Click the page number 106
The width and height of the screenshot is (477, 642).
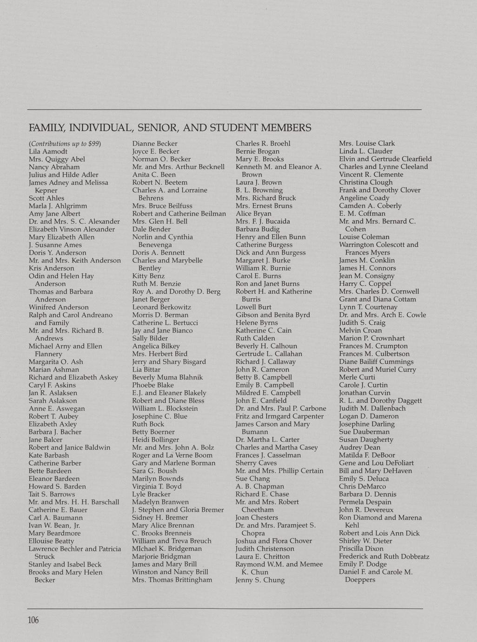pos(33,621)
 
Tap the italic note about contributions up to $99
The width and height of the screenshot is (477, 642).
pos(65,144)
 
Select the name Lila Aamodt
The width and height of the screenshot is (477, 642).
pos(48,151)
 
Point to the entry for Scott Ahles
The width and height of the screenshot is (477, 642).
pos(46,198)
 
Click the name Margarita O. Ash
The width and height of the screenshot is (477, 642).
pos(56,362)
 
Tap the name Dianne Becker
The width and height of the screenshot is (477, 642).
pos(155,144)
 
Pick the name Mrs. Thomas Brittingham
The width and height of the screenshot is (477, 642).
pos(172,580)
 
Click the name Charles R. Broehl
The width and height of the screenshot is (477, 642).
pos(263,143)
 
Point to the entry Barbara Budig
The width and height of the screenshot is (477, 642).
pos(258,229)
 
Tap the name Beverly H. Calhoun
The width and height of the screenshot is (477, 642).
pos(266,346)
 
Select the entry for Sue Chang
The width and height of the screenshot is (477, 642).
pos(252,479)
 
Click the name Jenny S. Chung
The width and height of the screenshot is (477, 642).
pos(260,580)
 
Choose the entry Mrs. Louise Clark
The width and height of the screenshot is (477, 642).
pos(367,143)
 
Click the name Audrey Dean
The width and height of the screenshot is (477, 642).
pos(359,448)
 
